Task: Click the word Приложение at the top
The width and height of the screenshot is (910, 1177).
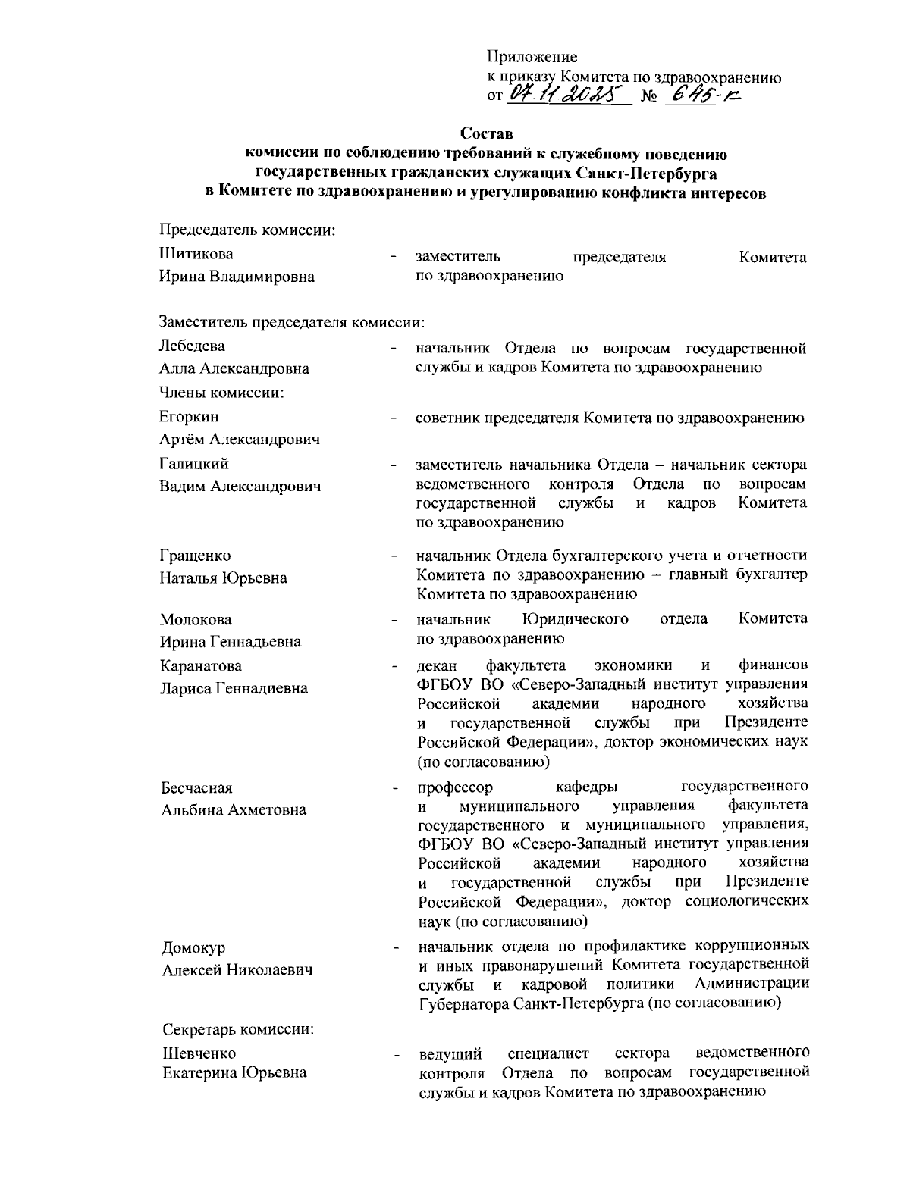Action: (531, 57)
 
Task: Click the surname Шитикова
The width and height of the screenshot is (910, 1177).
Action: (196, 253)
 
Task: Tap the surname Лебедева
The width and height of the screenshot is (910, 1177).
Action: (192, 346)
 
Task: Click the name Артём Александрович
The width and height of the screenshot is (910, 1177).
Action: (239, 440)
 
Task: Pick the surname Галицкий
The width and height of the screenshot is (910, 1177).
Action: (194, 463)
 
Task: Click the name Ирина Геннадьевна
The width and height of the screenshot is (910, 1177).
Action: (230, 642)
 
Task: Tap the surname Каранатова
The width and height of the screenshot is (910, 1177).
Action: (201, 666)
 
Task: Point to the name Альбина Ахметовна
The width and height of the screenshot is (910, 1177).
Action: (234, 810)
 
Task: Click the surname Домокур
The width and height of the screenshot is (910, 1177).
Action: (194, 948)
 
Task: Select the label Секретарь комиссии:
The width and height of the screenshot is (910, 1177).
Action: (239, 1030)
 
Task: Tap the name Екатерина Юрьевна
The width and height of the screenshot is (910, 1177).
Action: (235, 1072)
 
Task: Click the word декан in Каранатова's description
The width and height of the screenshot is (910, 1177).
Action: (437, 666)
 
